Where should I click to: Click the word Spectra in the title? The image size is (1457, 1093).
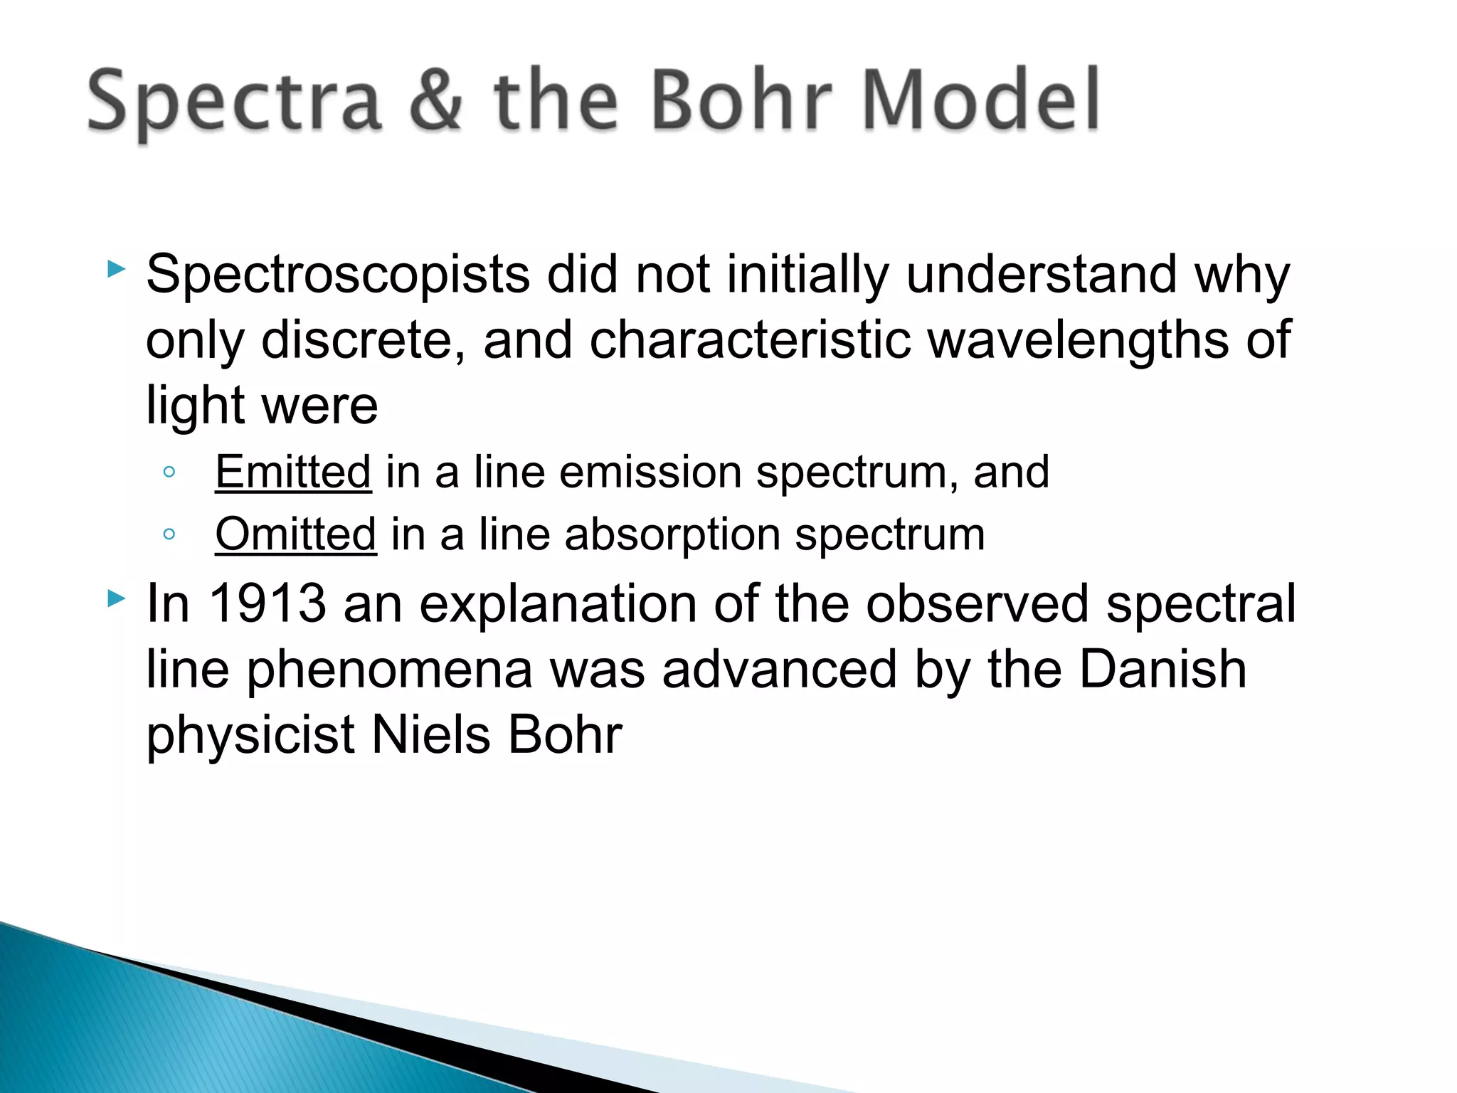(235, 102)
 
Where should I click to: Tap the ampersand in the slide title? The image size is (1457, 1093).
(435, 102)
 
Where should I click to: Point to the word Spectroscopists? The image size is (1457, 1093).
(337, 275)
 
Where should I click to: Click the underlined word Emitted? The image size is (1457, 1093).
(293, 472)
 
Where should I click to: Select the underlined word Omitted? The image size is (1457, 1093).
(295, 534)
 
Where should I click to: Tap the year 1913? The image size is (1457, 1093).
(267, 603)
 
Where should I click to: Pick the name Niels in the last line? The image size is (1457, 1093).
(430, 735)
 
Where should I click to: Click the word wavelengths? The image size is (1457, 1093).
(1079, 340)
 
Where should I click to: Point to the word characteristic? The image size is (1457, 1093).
(750, 340)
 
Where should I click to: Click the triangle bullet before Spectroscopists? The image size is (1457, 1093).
(116, 269)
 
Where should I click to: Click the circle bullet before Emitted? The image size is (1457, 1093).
(169, 472)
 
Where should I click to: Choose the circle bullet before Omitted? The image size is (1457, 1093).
(169, 534)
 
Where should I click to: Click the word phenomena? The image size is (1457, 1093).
(389, 670)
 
